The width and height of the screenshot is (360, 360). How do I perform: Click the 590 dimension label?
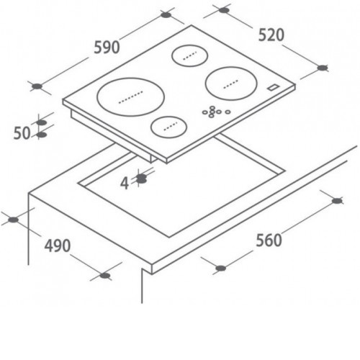[x=107, y=48]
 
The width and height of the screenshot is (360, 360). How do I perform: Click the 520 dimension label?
[x=271, y=35]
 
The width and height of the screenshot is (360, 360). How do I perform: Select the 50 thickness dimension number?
[x=22, y=133]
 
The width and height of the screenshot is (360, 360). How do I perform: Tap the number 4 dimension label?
[x=125, y=184]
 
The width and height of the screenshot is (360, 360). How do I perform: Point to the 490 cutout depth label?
[x=58, y=246]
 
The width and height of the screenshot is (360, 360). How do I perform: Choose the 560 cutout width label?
[x=269, y=240]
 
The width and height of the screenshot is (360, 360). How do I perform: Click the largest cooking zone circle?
[x=131, y=96]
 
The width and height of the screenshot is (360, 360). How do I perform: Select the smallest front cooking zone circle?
[x=169, y=127]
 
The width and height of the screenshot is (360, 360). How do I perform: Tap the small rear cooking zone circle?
[x=189, y=55]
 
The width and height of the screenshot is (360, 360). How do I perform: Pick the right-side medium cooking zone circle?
[x=231, y=84]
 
